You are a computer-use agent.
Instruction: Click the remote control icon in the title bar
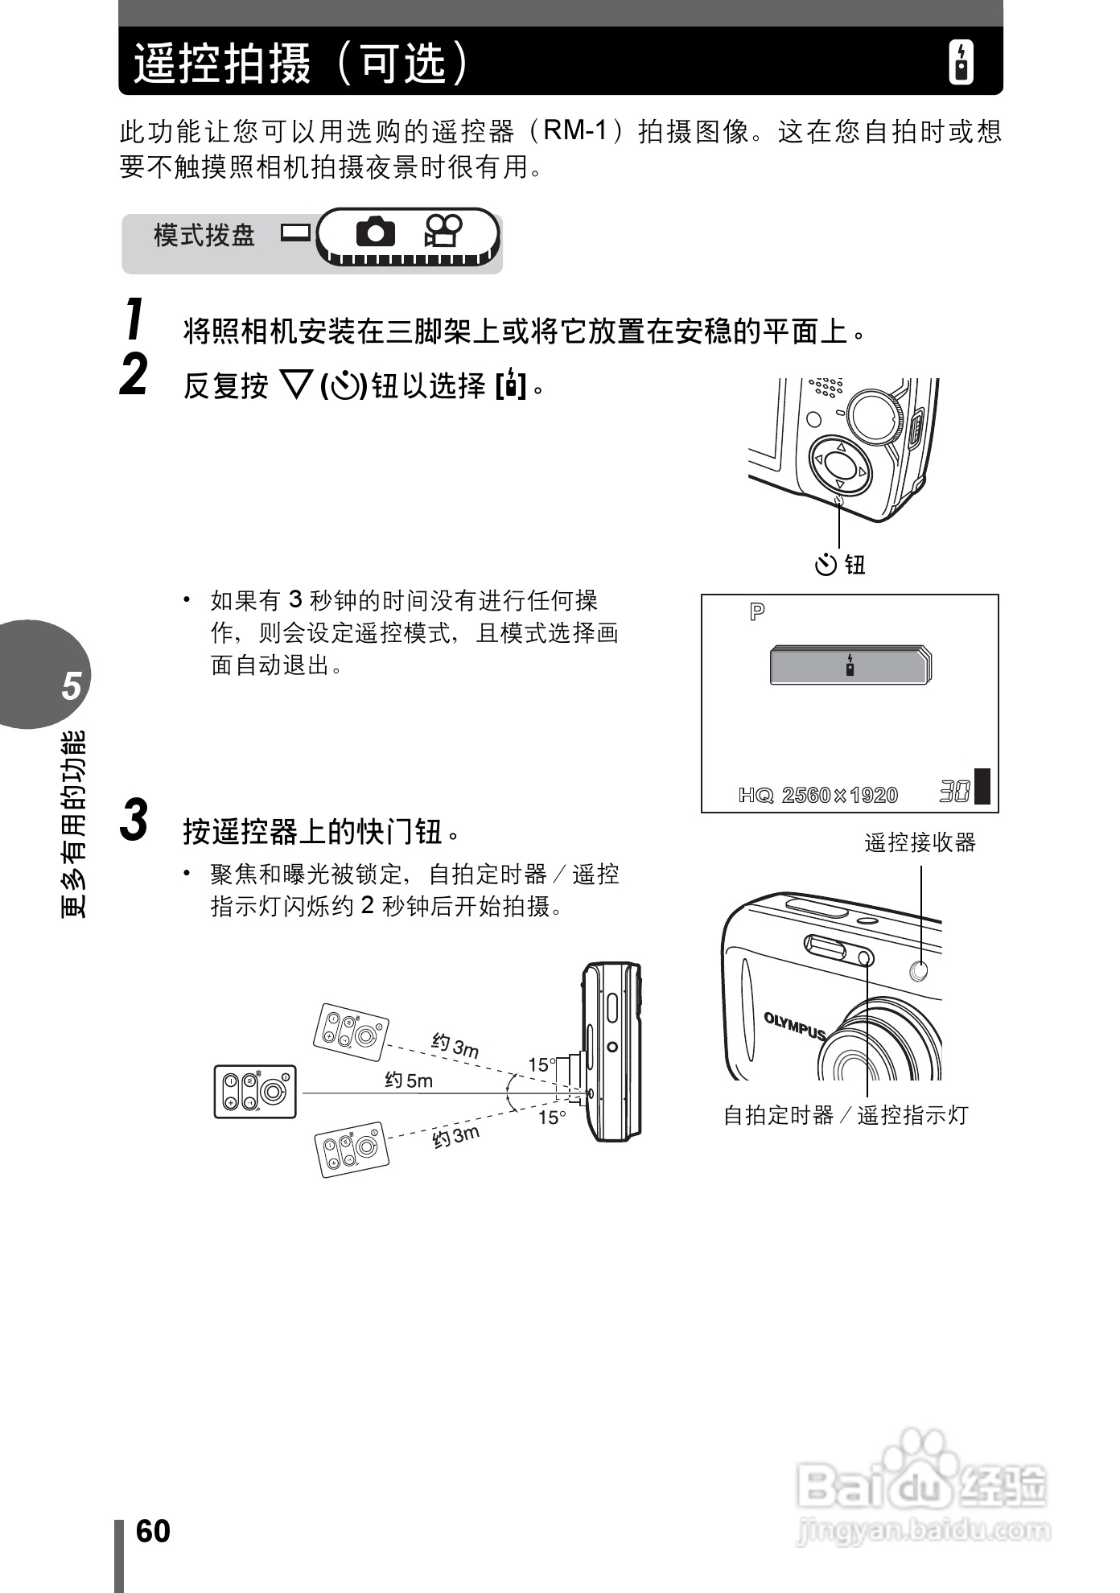click(x=961, y=62)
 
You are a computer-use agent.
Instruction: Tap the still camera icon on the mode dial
click(x=375, y=232)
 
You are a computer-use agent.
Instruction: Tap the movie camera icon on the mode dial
click(x=443, y=232)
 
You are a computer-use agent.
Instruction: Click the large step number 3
click(x=134, y=821)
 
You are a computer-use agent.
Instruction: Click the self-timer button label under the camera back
click(x=840, y=565)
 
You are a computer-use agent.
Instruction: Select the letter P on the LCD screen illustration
click(x=757, y=613)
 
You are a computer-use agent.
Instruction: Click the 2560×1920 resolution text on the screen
click(x=839, y=795)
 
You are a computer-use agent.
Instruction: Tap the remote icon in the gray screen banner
click(x=850, y=665)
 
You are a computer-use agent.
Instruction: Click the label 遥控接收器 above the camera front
click(x=920, y=843)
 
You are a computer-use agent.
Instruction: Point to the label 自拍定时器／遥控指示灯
click(x=845, y=1115)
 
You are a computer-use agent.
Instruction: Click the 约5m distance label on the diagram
click(x=408, y=1081)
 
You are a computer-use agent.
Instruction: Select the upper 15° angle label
click(x=541, y=1065)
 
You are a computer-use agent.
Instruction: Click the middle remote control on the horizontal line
click(x=255, y=1092)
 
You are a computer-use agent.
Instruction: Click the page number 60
click(x=153, y=1532)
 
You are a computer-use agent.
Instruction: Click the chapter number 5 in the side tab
click(x=72, y=686)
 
